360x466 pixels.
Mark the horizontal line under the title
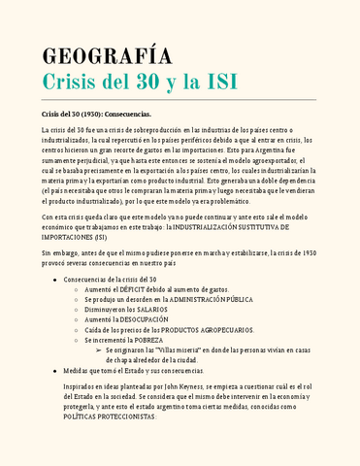click(x=180, y=100)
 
